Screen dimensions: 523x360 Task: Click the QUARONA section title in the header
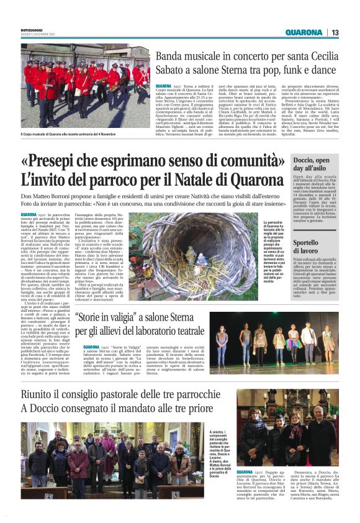304,32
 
